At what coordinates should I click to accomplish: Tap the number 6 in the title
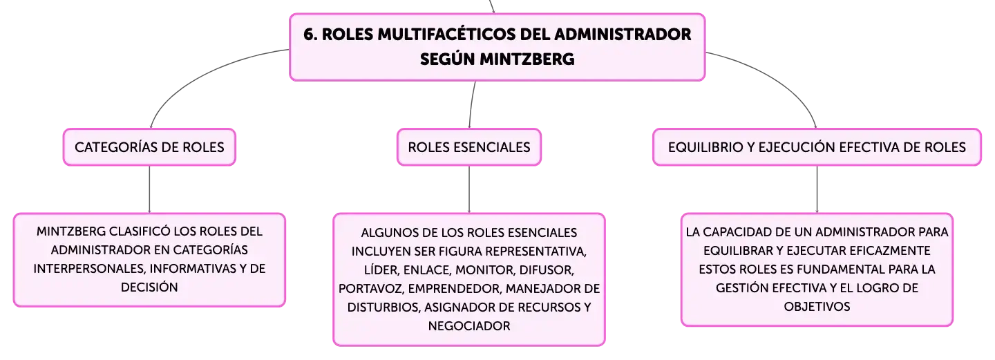[309, 35]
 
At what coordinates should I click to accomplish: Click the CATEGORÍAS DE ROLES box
[149, 147]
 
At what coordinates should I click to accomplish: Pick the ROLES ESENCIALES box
[469, 147]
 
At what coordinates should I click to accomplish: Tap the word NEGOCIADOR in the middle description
[469, 325]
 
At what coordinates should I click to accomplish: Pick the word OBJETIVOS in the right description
[817, 306]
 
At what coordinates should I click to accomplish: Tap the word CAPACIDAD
[746, 231]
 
